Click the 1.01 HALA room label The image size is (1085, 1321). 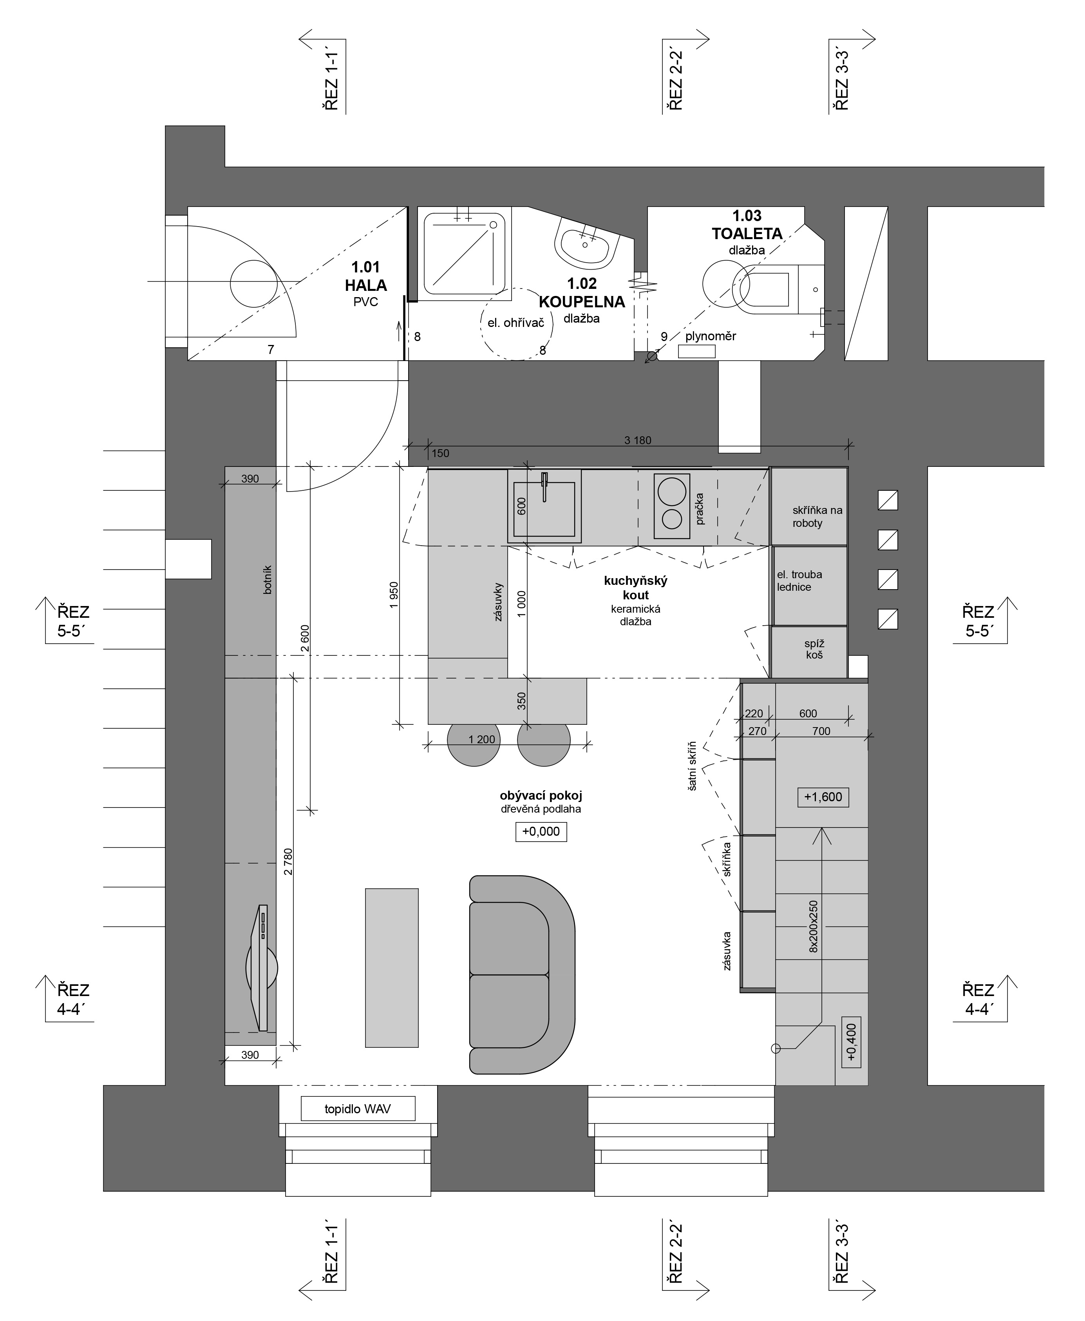(x=365, y=276)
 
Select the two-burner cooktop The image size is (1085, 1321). (x=672, y=506)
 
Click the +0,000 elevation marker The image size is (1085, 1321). (x=541, y=831)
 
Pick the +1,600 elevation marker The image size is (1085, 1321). (x=823, y=797)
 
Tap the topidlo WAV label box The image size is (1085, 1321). (x=358, y=1109)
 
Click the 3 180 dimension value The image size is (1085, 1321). (x=638, y=440)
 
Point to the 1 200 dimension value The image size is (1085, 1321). (x=481, y=739)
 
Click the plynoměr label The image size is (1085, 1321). (x=711, y=336)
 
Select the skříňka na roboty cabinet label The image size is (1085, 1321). (x=817, y=517)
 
